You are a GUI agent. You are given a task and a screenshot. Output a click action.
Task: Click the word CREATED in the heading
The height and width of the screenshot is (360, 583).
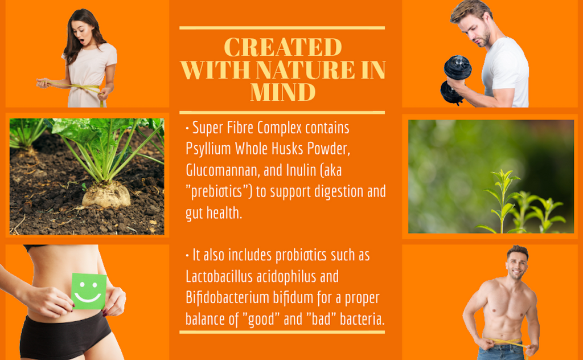283,47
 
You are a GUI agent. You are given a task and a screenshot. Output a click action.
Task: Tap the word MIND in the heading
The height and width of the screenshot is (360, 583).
283,92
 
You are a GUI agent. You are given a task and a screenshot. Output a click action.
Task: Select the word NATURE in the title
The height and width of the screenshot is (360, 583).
305,69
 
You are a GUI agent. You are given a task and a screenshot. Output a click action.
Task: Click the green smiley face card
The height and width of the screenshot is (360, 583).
88,291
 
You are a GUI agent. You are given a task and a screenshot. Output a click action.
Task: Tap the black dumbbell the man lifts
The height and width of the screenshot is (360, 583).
455,80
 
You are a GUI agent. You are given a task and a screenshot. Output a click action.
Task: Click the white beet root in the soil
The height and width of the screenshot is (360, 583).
106,194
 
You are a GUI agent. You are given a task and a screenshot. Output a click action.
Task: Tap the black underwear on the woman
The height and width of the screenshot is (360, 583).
64,333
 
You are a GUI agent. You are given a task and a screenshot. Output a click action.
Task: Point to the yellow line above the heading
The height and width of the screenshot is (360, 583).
282,28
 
